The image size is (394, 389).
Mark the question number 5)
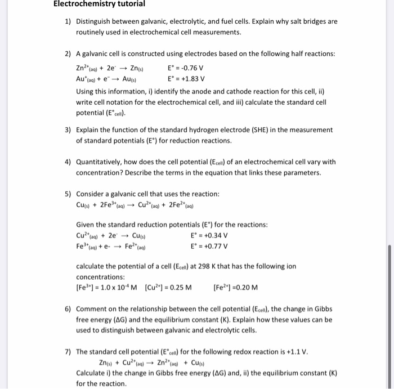(x=68, y=194)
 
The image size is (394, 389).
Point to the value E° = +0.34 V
(x=209, y=235)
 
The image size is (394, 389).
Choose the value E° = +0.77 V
(x=209, y=245)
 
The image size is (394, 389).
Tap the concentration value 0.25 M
(x=179, y=288)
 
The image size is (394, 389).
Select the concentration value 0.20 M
(x=248, y=288)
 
